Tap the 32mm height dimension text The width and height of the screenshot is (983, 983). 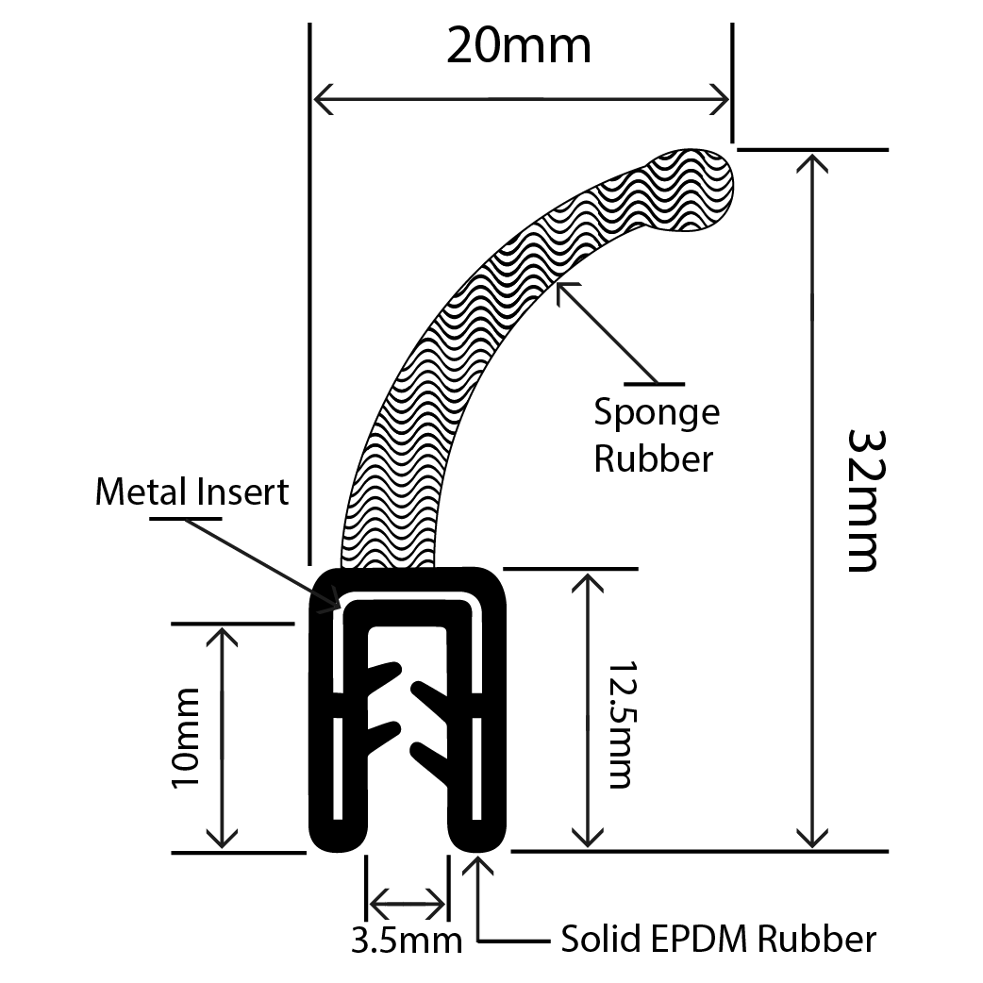click(x=863, y=500)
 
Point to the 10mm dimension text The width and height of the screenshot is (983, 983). click(x=187, y=739)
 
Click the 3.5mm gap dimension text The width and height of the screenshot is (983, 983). click(x=407, y=940)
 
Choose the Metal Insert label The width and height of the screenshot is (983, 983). click(x=192, y=491)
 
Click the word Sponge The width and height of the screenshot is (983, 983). click(x=657, y=412)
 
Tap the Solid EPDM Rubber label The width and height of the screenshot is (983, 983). click(x=718, y=939)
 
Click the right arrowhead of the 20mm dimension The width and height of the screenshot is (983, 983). click(x=721, y=97)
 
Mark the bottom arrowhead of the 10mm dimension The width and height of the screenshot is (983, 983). click(x=223, y=840)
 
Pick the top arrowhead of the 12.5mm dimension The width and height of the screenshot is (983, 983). click(x=588, y=580)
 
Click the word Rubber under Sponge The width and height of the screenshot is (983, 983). click(x=653, y=458)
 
